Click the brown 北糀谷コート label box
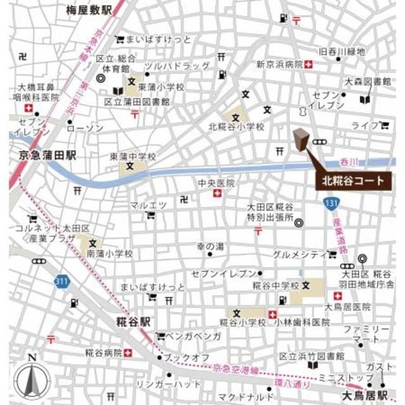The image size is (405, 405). tap(353, 180)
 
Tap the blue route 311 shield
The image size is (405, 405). tap(61, 279)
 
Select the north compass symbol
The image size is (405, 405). tap(32, 379)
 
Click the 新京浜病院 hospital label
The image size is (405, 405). tap(279, 65)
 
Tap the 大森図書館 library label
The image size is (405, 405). tap(366, 82)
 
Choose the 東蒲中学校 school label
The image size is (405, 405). tap(133, 156)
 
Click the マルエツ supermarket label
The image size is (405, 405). tap(148, 204)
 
